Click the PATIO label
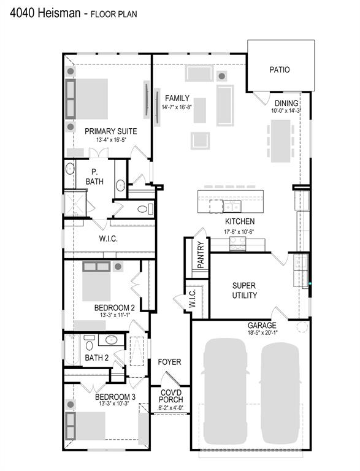pyautogui.click(x=280, y=70)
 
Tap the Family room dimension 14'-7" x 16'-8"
pyautogui.click(x=177, y=107)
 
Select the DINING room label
pyautogui.click(x=286, y=103)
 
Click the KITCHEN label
pyautogui.click(x=240, y=221)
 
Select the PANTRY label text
pyautogui.click(x=201, y=258)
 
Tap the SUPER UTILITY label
pyautogui.click(x=244, y=290)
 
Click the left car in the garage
pyautogui.click(x=223, y=391)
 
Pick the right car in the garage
pyautogui.click(x=280, y=391)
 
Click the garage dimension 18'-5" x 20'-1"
pyautogui.click(x=262, y=333)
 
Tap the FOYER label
pyautogui.click(x=169, y=362)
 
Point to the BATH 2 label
pyautogui.click(x=96, y=358)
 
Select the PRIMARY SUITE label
pyautogui.click(x=110, y=131)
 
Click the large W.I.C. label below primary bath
pyautogui.click(x=108, y=239)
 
